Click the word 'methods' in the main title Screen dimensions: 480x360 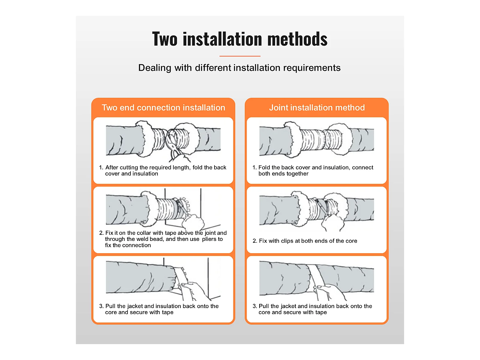297,39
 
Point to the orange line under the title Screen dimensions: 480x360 240,56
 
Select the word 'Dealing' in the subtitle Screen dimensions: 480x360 154,68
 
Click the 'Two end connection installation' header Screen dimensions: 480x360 163,107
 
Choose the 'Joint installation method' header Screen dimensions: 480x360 317,107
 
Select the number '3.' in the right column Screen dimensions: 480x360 255,306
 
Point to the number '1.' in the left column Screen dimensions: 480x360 101,168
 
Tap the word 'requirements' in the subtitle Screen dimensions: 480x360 312,68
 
